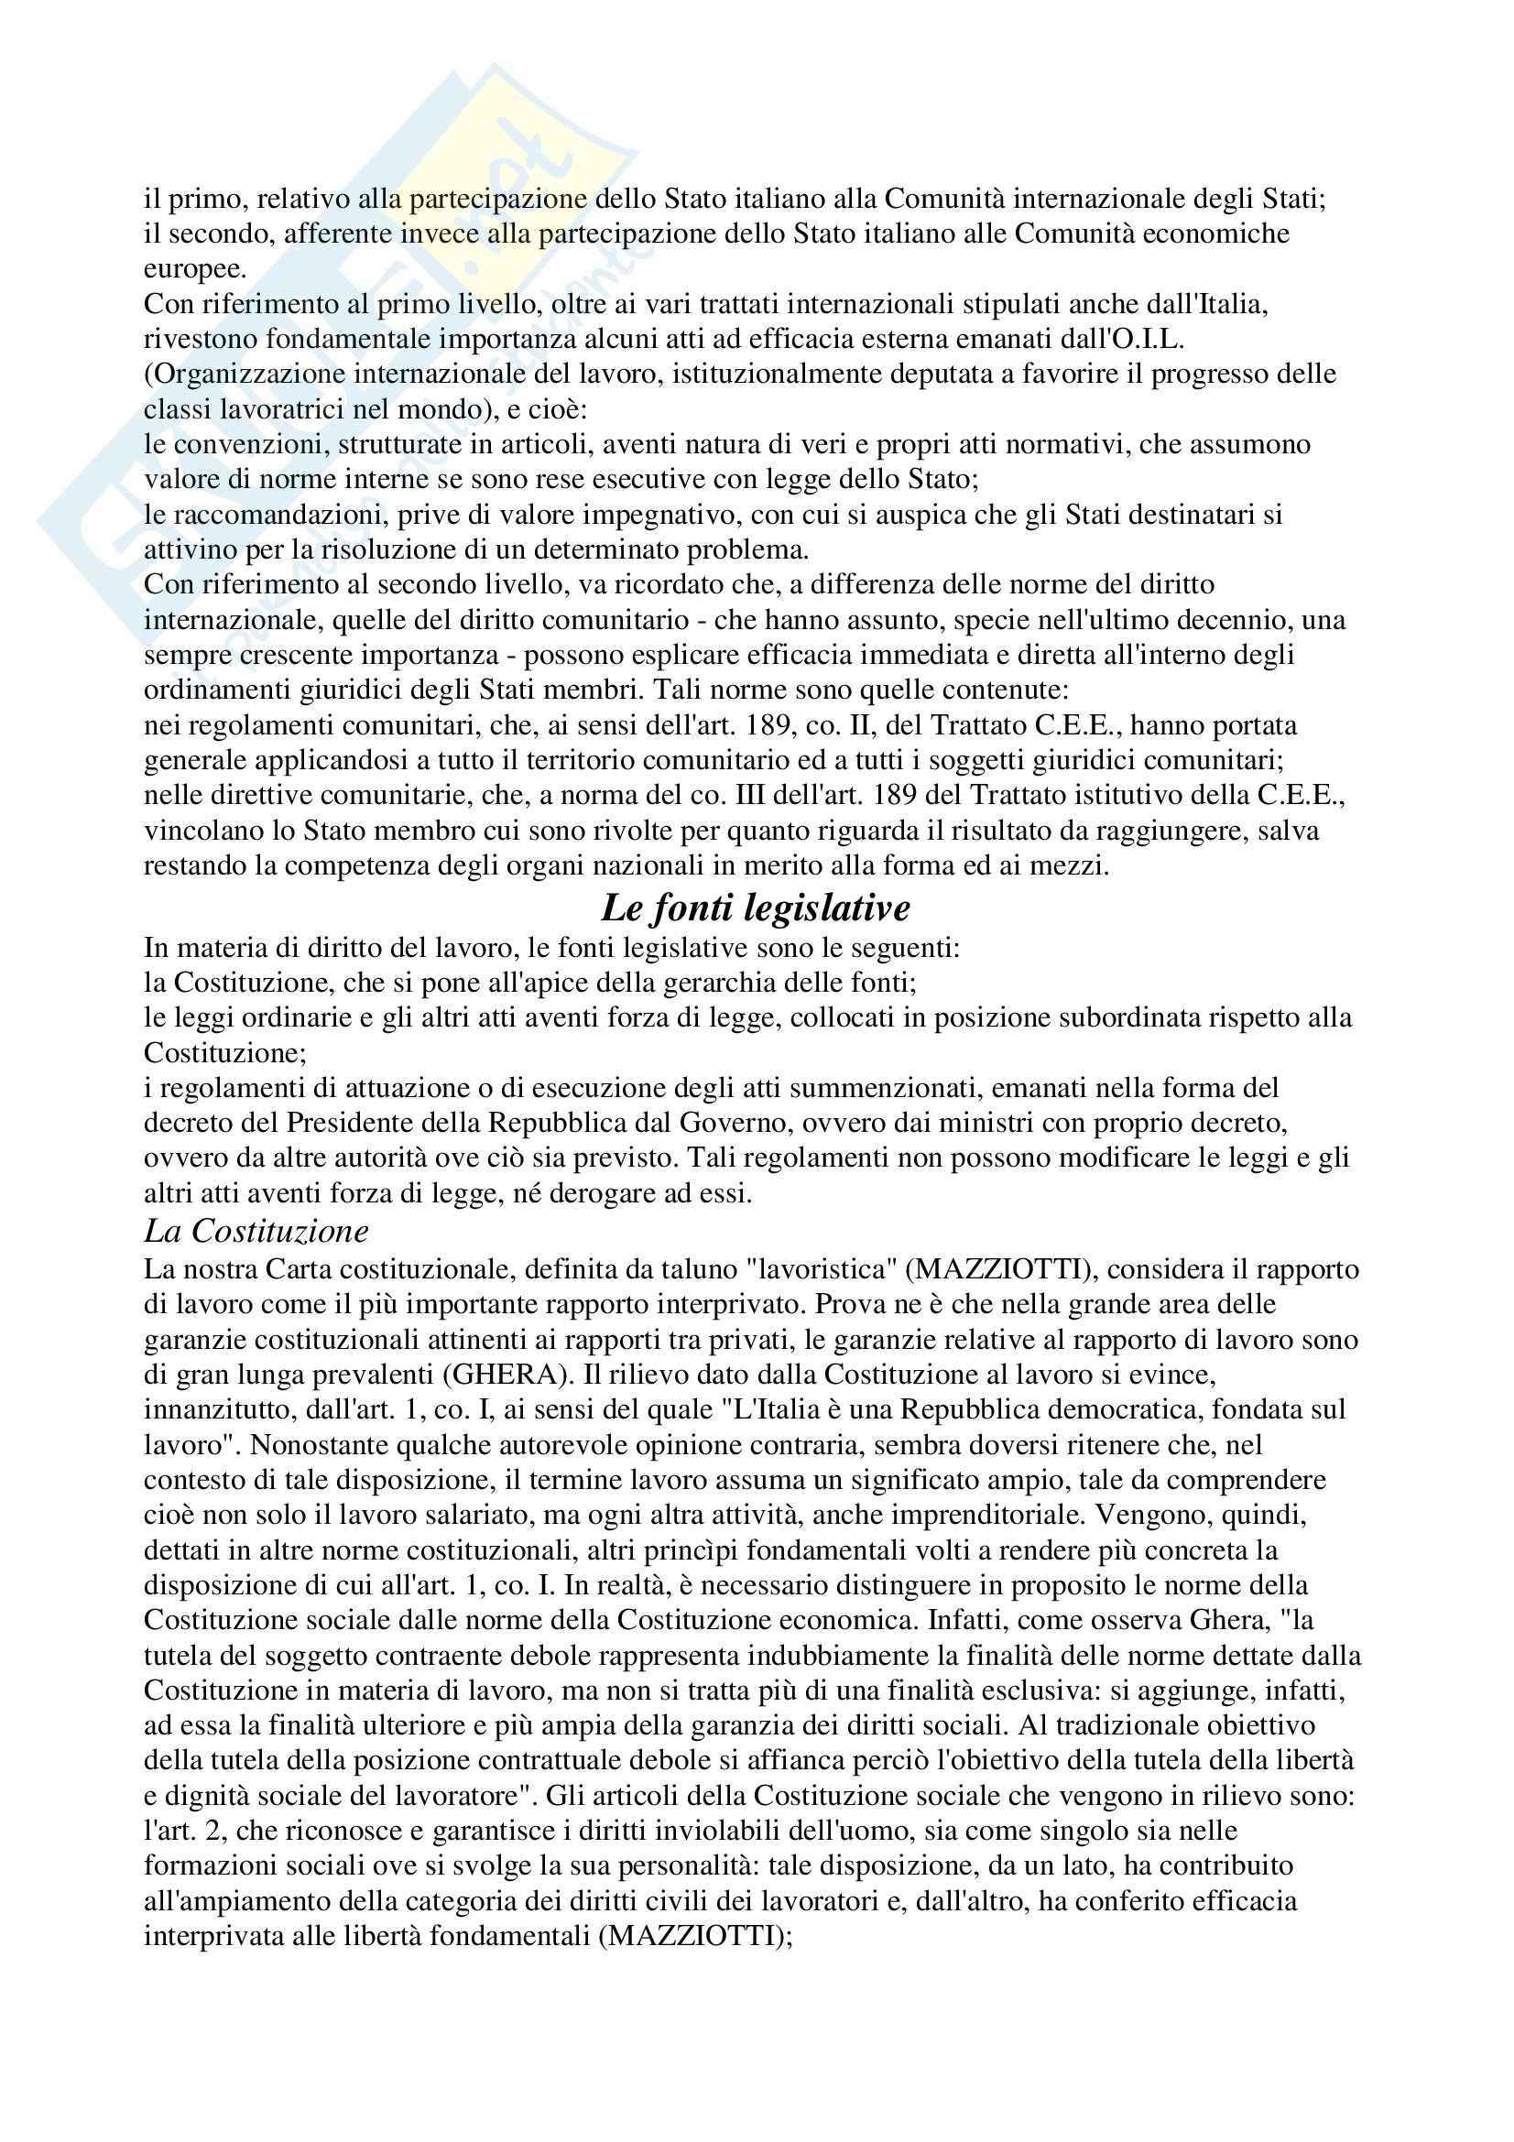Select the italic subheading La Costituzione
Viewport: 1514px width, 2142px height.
pyautogui.click(x=256, y=1232)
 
